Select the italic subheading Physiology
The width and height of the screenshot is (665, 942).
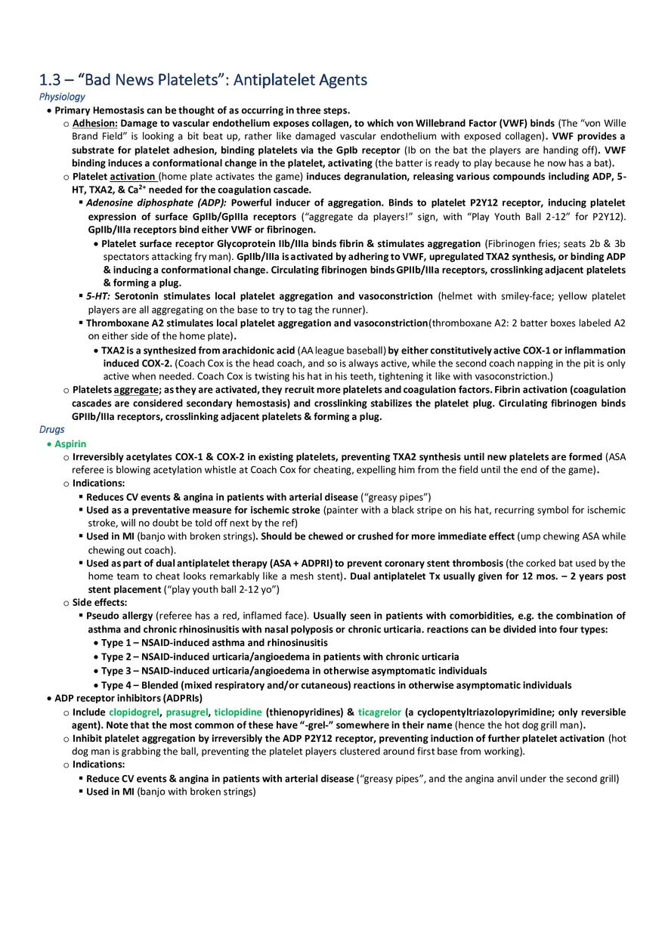(62, 97)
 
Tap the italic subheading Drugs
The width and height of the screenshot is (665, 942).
(51, 430)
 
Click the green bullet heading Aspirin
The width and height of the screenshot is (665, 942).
(70, 444)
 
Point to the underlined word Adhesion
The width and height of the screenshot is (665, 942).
(94, 123)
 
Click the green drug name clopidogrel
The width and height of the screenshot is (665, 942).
(134, 712)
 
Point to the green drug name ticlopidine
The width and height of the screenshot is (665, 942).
(237, 712)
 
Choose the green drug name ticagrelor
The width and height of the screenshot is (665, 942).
(379, 712)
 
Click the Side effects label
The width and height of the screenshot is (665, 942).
(100, 603)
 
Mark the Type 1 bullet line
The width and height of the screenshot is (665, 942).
(214, 643)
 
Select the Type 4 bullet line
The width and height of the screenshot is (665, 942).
(336, 685)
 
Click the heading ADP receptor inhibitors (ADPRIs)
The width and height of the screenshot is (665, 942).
(128, 699)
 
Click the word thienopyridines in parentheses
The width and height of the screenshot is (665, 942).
(300, 712)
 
